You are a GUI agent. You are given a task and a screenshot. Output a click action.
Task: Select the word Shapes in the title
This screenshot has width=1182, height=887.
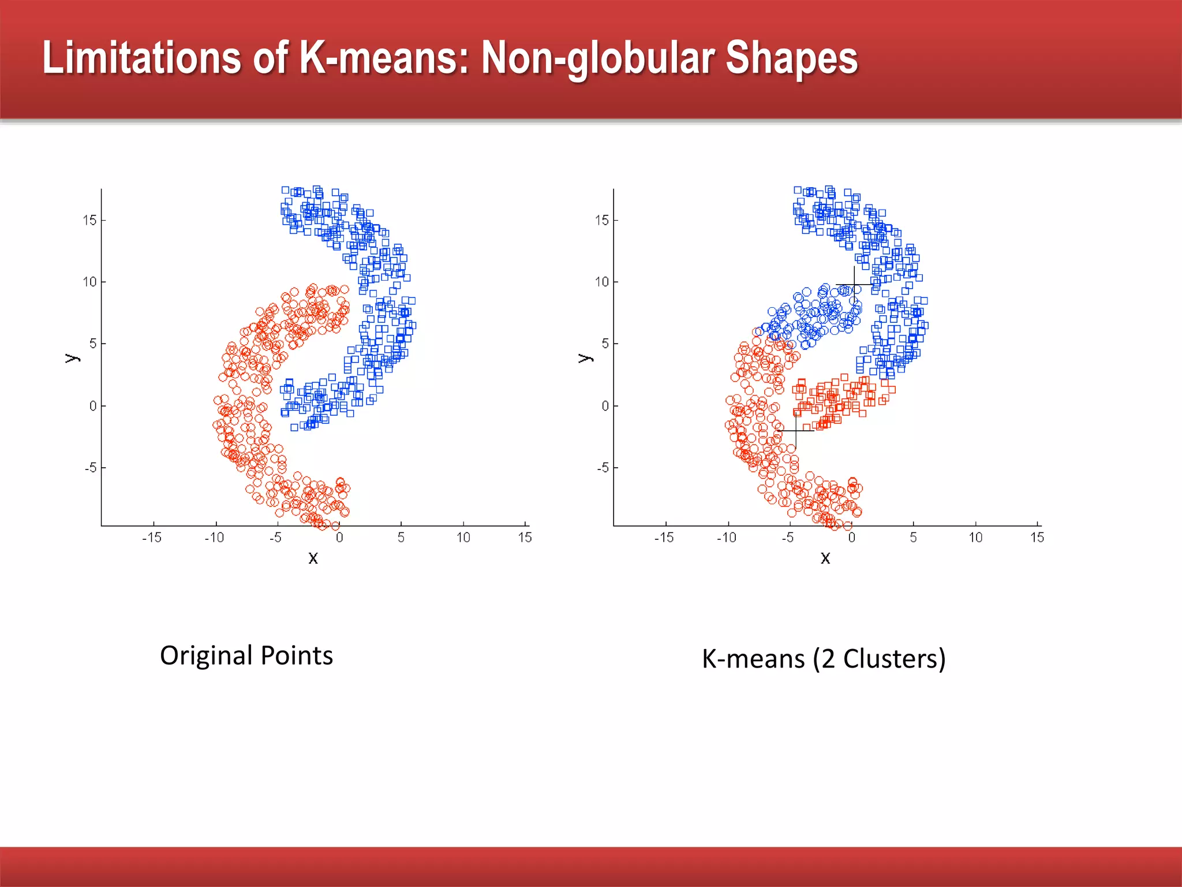(791, 58)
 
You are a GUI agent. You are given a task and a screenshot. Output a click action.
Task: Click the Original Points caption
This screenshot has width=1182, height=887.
(246, 655)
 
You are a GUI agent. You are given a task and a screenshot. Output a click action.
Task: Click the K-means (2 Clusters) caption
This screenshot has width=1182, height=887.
(824, 659)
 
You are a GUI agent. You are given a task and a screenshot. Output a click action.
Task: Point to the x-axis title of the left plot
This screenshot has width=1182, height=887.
(313, 558)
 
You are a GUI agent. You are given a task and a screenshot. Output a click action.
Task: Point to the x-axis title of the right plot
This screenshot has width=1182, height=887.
(825, 558)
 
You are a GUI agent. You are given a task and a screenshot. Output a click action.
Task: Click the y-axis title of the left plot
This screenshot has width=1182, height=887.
(72, 358)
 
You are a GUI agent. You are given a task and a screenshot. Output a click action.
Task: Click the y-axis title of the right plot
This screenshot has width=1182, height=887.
(585, 358)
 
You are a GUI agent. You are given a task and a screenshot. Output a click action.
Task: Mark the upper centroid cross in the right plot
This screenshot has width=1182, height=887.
(854, 285)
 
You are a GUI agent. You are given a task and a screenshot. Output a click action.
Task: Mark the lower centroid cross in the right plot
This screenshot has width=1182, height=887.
(796, 431)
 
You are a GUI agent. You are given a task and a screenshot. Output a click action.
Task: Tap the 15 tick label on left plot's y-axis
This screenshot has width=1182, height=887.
(89, 220)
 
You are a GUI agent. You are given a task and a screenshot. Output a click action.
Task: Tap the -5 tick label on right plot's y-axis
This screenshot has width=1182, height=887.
(603, 468)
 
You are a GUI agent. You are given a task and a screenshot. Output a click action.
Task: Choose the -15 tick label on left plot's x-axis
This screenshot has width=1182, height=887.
(152, 538)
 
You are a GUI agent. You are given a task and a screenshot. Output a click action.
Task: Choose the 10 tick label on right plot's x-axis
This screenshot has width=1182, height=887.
(975, 538)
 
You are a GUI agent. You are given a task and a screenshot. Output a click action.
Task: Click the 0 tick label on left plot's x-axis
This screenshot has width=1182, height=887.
(339, 538)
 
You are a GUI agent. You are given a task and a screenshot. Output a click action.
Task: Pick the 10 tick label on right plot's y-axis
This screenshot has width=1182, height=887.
(602, 282)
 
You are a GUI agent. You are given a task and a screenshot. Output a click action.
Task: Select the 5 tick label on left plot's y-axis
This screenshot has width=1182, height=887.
(92, 344)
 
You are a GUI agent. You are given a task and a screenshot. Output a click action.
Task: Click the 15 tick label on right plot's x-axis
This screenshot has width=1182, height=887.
(1037, 538)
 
